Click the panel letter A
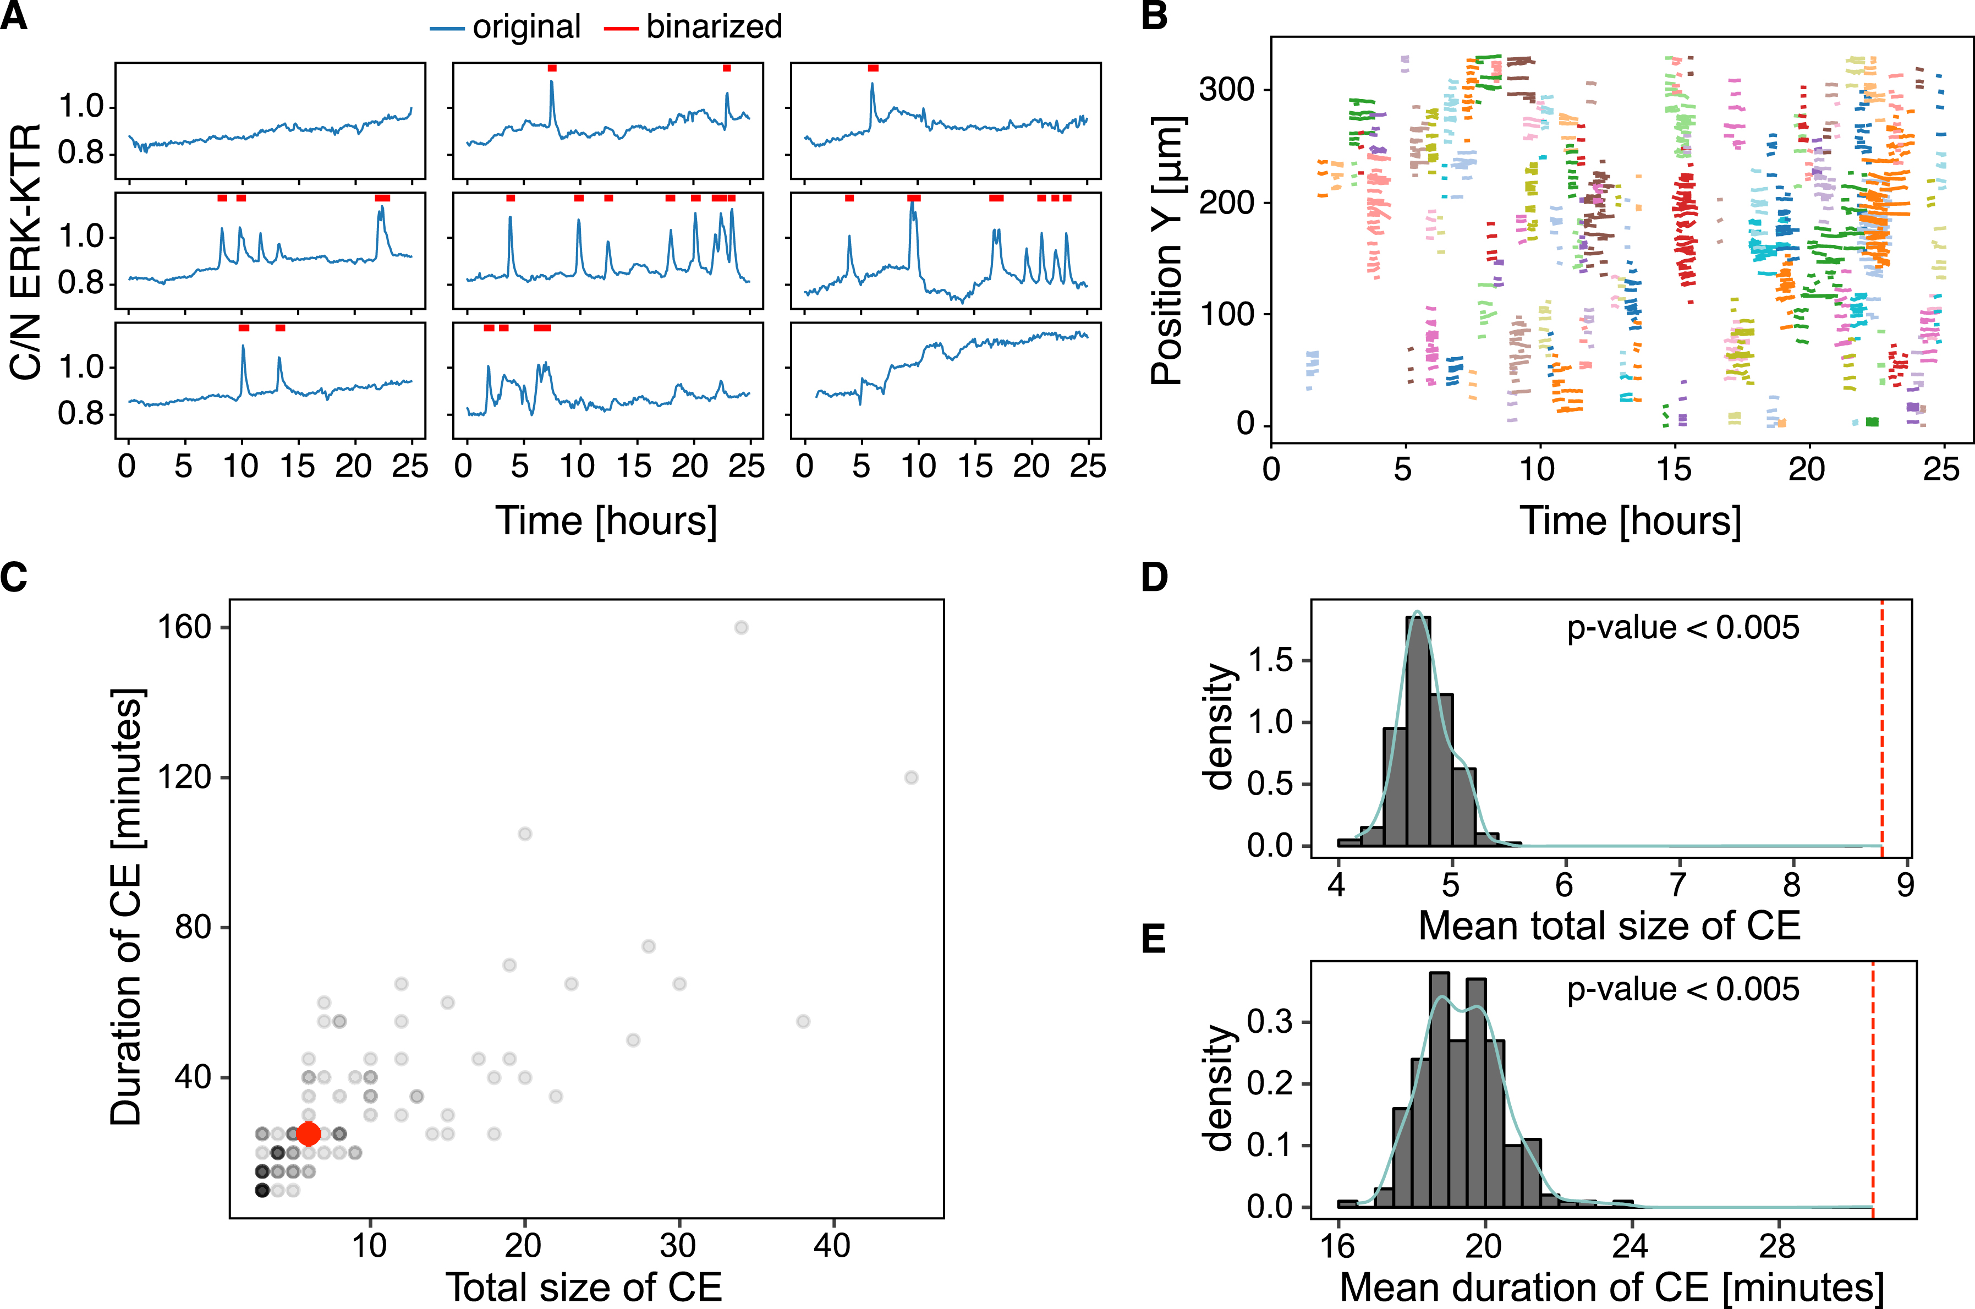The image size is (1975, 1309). [14, 17]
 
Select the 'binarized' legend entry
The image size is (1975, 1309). [714, 28]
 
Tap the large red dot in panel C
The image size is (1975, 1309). [308, 1133]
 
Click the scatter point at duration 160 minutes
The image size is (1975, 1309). [740, 627]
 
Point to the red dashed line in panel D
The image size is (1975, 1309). [1881, 726]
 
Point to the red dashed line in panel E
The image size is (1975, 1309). [1873, 1085]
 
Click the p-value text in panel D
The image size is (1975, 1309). [1683, 628]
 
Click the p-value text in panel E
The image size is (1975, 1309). [1683, 989]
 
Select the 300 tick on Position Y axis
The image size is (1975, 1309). [1226, 89]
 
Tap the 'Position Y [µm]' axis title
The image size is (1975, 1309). [1168, 250]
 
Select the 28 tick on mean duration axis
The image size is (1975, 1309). [1776, 1246]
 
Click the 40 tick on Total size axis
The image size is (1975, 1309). [832, 1246]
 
